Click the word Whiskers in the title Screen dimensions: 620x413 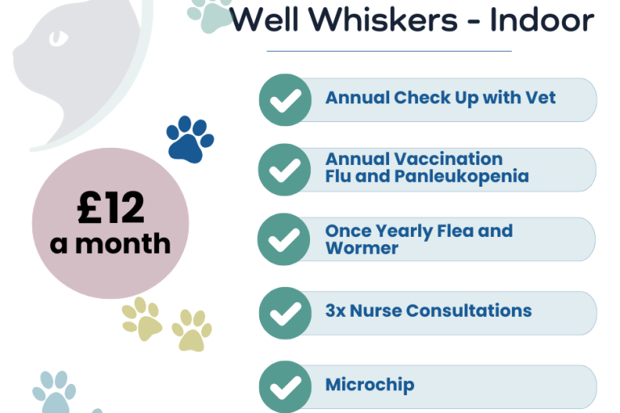tap(383, 19)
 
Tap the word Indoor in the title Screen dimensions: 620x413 tap(542, 19)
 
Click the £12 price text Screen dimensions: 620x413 tap(111, 208)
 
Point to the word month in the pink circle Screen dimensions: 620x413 tap(123, 243)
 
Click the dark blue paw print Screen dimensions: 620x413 tap(191, 139)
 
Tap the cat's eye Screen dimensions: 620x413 tap(58, 39)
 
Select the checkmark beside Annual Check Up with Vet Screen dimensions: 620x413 tap(285, 99)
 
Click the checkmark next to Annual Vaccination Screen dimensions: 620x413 tap(285, 170)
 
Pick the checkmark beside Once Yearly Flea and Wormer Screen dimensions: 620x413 tap(284, 239)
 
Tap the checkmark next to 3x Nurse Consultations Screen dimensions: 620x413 tap(285, 313)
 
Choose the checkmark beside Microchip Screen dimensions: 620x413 tap(285, 386)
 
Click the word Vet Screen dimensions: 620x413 tap(542, 98)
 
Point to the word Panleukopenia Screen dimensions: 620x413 tap(462, 177)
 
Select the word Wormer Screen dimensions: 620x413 tap(362, 248)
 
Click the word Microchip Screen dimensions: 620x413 tap(370, 385)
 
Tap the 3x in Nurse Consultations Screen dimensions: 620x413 tap(335, 311)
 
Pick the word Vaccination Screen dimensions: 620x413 tap(448, 158)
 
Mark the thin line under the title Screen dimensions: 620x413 tap(389, 51)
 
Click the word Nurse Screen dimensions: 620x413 tap(375, 311)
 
